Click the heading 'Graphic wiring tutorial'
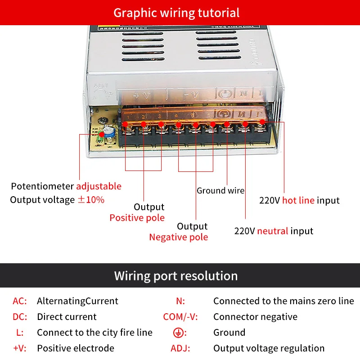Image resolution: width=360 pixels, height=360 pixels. (x=176, y=12)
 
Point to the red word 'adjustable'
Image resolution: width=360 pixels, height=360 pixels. (x=99, y=186)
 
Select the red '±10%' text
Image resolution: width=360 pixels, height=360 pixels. (x=91, y=199)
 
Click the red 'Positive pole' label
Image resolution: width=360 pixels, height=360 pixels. (x=137, y=218)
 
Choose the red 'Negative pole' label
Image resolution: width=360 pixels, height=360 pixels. (x=179, y=237)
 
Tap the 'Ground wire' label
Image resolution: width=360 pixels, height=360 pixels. (x=220, y=190)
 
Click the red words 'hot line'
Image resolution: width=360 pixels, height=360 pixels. (x=298, y=200)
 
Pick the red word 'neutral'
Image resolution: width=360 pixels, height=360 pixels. (x=273, y=231)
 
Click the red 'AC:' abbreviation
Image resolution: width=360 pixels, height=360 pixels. (x=20, y=301)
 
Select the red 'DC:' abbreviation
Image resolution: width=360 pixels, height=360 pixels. (x=20, y=317)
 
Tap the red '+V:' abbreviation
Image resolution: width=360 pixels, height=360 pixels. (x=20, y=348)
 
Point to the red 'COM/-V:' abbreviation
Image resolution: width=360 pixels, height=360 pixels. (x=180, y=317)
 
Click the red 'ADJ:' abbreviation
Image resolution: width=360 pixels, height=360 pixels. (x=180, y=348)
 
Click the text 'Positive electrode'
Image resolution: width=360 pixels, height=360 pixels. (x=76, y=348)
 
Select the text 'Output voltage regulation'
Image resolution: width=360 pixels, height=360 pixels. (x=269, y=348)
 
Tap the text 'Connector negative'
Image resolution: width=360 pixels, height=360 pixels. (x=255, y=317)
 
